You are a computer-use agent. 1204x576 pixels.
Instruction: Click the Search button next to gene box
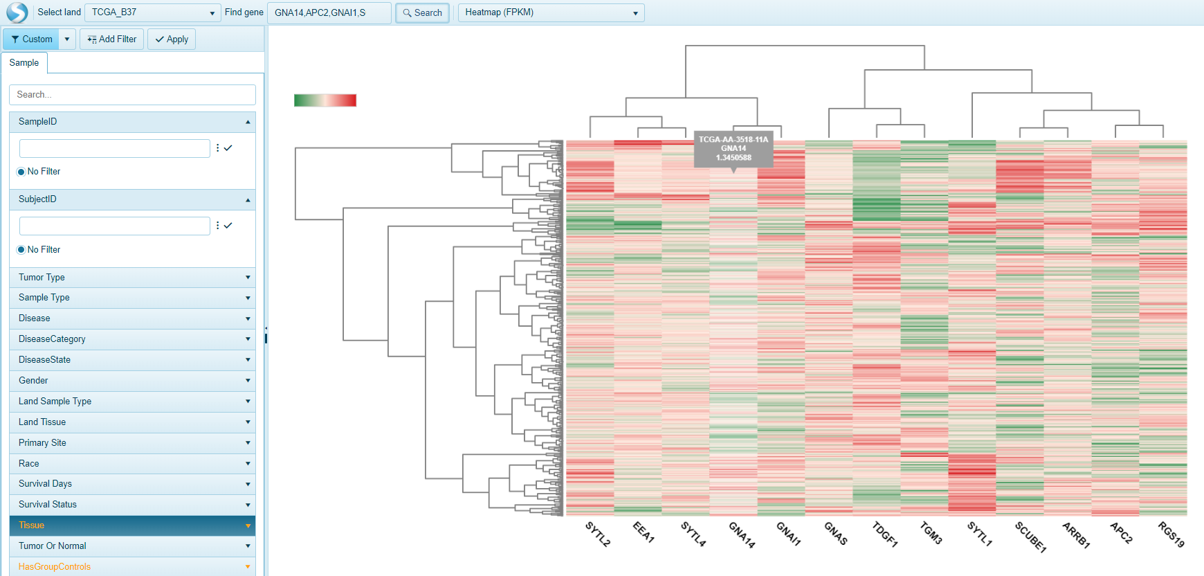[422, 12]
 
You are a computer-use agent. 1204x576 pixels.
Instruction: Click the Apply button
[172, 39]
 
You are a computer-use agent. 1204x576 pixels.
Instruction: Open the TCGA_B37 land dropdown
[153, 12]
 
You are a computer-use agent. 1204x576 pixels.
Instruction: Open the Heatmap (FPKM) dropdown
[551, 12]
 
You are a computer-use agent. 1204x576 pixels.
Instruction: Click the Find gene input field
[329, 12]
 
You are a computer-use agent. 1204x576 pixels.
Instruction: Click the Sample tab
[24, 62]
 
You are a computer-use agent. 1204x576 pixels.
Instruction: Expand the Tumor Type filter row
[132, 277]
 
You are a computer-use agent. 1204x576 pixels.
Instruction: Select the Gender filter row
[132, 380]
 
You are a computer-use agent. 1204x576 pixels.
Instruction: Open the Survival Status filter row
[132, 504]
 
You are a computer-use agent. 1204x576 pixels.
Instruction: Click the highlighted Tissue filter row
[132, 525]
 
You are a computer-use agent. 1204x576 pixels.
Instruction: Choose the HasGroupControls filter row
[132, 566]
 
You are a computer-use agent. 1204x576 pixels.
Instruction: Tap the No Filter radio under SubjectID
[21, 249]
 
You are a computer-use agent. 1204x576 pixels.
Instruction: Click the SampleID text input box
[114, 148]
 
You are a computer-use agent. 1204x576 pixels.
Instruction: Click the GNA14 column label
[742, 534]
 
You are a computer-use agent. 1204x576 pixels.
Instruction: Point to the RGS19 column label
[1171, 534]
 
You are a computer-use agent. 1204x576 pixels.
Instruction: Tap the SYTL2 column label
[598, 534]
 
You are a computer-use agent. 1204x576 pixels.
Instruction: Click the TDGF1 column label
[884, 534]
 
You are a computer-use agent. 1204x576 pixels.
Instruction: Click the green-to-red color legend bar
[325, 100]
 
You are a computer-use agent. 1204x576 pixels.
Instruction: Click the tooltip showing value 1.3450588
[733, 148]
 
